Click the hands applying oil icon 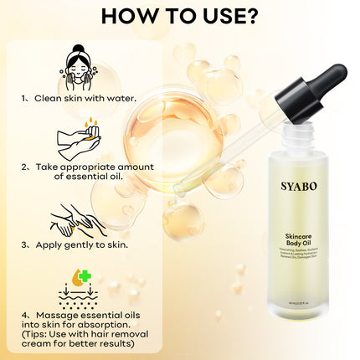pos(78,220)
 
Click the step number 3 pos(27,245)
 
